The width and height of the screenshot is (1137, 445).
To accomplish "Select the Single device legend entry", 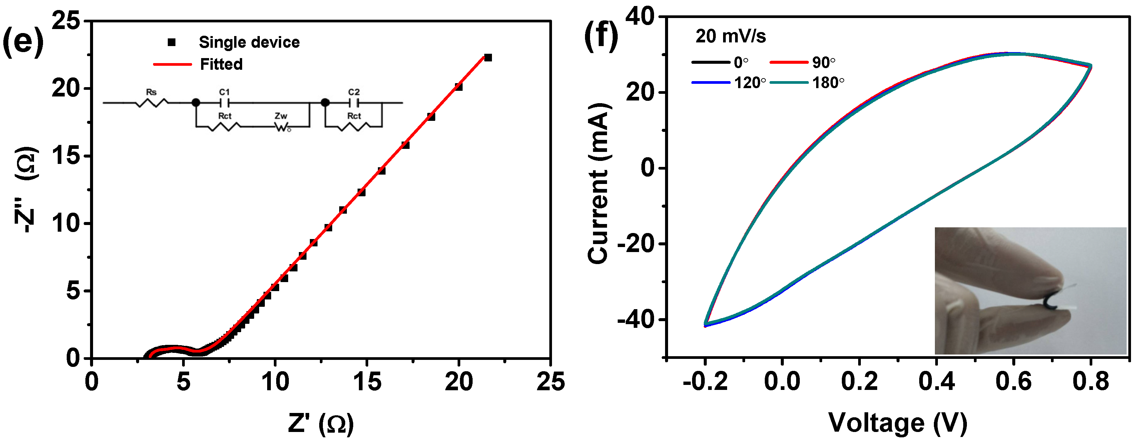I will (249, 42).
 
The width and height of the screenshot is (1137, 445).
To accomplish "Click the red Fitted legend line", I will (172, 64).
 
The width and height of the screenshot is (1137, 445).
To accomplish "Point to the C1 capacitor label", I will (224, 92).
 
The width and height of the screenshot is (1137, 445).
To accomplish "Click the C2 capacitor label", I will (354, 92).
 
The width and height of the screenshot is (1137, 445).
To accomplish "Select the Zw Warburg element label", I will (281, 116).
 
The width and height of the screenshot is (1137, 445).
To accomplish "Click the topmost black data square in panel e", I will (488, 57).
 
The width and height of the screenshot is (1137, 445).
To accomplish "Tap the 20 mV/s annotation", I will (730, 36).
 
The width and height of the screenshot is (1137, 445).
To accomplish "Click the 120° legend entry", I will (749, 83).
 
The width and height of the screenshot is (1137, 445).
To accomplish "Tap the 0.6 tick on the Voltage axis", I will (1013, 381).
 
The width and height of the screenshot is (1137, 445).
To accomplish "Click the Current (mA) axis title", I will (599, 183).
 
